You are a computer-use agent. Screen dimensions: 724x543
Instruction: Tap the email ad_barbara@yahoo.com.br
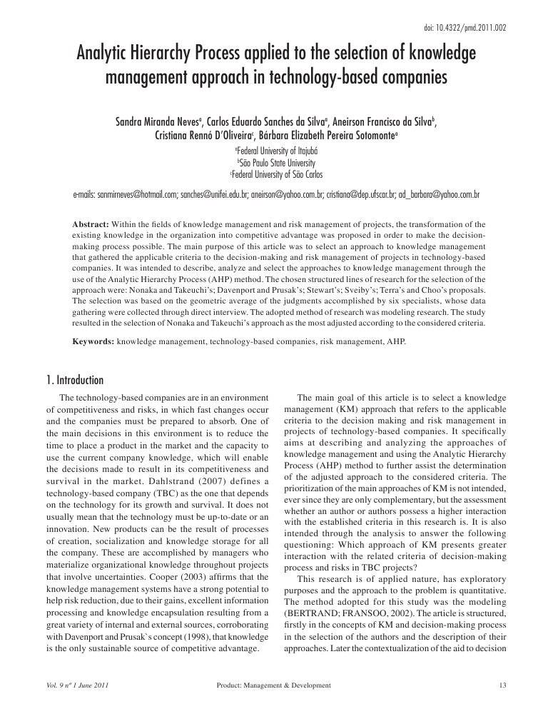pyautogui.click(x=438, y=193)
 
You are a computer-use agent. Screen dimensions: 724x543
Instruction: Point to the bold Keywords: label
pyautogui.click(x=94, y=342)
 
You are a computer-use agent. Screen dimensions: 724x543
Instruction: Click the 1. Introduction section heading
pyautogui.click(x=75, y=380)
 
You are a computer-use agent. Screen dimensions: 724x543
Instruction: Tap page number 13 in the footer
pyautogui.click(x=502, y=685)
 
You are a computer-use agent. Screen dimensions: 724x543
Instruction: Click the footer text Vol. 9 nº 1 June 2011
pyautogui.click(x=77, y=685)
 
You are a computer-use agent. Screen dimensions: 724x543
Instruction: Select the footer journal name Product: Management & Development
pyautogui.click(x=273, y=685)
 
